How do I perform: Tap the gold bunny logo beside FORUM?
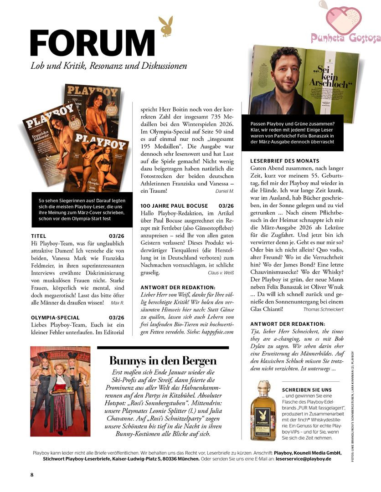[x=165, y=26]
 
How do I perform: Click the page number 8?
[x=32, y=475]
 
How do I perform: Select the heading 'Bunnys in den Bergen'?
[x=163, y=361]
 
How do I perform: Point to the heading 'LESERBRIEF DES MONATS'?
[x=285, y=161]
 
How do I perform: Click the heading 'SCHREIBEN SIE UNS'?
[x=307, y=390]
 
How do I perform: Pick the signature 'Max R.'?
[x=117, y=302]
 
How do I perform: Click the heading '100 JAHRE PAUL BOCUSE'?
[x=174, y=206]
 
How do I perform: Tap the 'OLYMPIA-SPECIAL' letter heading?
[x=55, y=318]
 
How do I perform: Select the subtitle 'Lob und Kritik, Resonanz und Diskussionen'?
[x=109, y=66]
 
